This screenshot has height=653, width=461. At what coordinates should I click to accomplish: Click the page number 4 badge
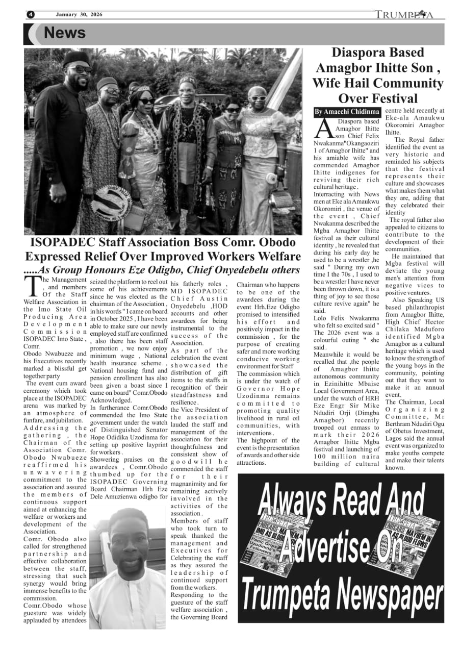click(x=30, y=14)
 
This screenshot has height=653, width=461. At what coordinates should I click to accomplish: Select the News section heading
click(x=64, y=33)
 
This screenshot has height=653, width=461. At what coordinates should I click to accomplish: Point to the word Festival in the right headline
click(x=393, y=98)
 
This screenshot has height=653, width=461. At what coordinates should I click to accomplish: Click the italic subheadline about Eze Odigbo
click(x=162, y=270)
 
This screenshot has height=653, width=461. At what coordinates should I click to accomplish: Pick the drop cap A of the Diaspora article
click(x=324, y=128)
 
